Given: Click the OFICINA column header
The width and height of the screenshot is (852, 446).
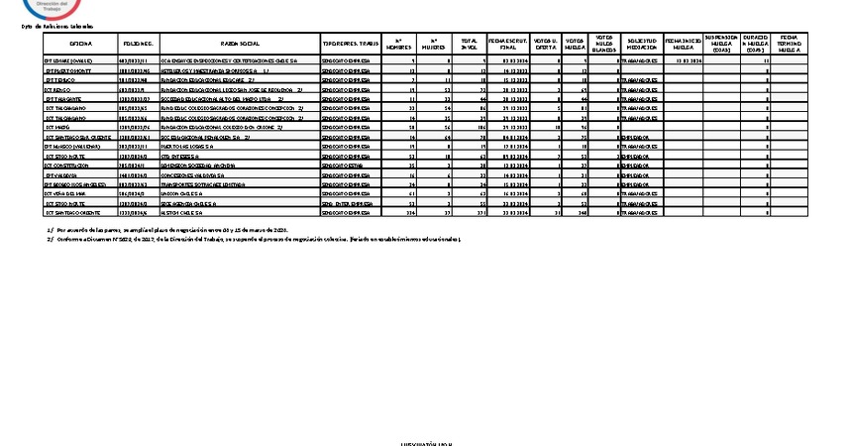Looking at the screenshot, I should click(81, 46).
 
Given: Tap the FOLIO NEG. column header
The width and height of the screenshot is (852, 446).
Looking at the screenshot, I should click(138, 46).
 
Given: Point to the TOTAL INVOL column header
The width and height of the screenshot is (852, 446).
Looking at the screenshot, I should click(470, 44).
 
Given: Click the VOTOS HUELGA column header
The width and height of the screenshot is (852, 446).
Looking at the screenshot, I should click(575, 44).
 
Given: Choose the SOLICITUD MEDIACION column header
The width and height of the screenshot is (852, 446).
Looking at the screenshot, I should click(641, 44).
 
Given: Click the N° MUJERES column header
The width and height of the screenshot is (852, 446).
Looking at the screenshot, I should click(433, 44).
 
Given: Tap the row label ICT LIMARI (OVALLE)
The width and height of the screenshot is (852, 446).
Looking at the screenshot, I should click(68, 61).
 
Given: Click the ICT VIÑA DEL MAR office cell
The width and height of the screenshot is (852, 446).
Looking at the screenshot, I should click(68, 195).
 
